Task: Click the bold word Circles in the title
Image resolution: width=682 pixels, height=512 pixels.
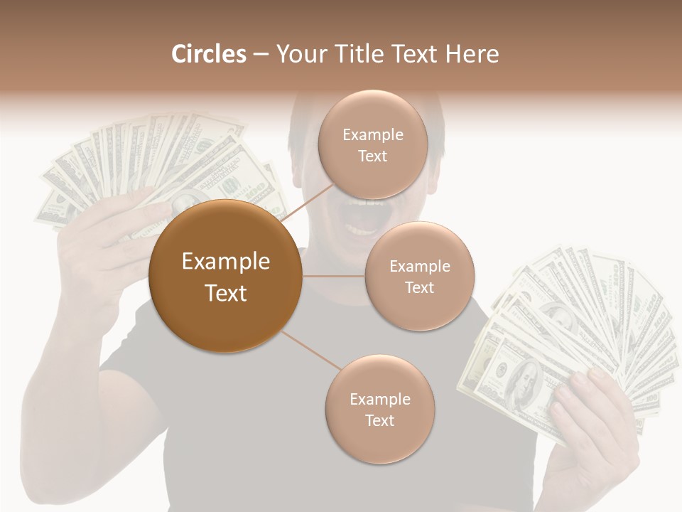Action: point(208,54)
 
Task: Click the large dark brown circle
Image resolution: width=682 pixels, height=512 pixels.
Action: point(225,276)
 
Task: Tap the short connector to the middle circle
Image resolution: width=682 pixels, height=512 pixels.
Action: point(333,276)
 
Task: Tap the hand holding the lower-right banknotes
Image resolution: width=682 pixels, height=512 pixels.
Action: point(590,427)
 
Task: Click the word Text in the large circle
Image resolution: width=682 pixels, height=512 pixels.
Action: point(225,293)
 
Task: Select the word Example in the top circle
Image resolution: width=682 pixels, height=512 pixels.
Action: point(372,135)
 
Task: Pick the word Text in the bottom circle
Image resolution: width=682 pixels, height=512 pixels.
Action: point(379,420)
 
